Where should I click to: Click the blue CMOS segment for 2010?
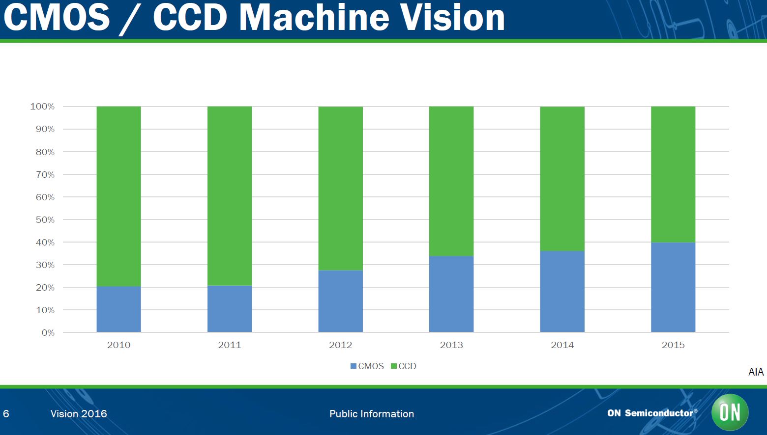pos(118,309)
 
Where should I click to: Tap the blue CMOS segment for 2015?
pos(673,287)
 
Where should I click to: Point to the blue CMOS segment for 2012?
pos(340,301)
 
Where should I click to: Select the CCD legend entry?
pos(404,366)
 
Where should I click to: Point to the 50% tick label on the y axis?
pos(45,220)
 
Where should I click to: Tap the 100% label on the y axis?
pos(42,107)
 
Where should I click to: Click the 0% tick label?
pos(48,333)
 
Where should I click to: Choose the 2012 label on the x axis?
pos(340,345)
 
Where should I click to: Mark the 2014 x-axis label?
pos(562,345)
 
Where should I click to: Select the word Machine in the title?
pos(314,18)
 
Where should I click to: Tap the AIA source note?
pos(756,372)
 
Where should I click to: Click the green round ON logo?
pos(730,412)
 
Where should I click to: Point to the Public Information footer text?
pos(372,414)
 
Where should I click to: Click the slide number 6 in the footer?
pos(6,414)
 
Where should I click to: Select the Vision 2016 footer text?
pos(79,414)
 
